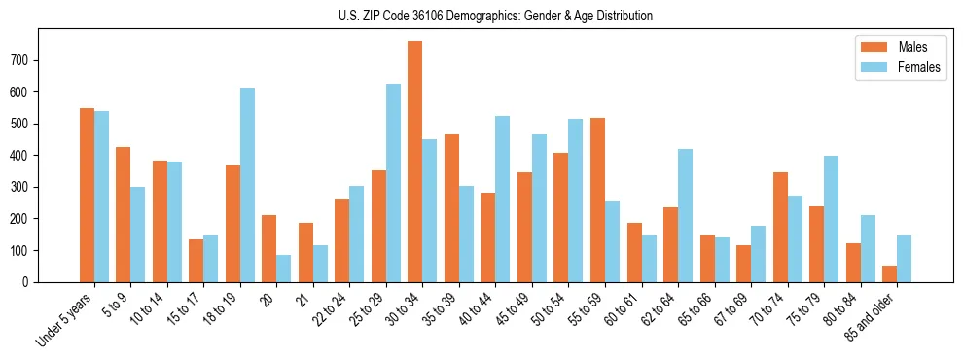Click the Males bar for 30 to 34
(x=415, y=162)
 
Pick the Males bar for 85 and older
(x=890, y=273)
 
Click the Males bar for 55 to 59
(x=597, y=199)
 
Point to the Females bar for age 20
(x=284, y=269)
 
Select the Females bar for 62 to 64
(x=686, y=215)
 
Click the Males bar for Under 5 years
(x=87, y=195)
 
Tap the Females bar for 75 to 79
(x=832, y=219)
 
